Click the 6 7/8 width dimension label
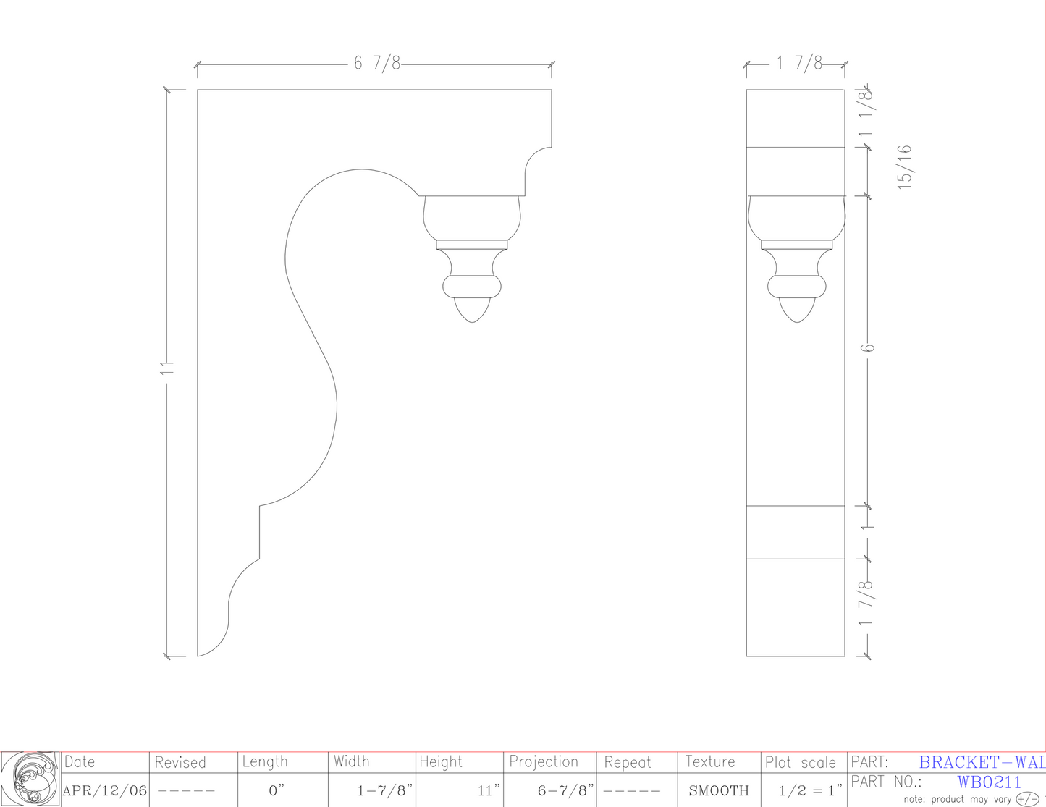click(x=376, y=64)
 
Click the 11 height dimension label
click(x=167, y=368)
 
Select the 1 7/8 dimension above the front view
click(x=799, y=64)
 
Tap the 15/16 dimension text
click(x=905, y=167)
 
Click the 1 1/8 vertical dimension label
click(x=866, y=114)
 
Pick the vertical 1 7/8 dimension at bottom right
click(x=866, y=603)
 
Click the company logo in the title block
click(x=30, y=779)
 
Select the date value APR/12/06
click(x=105, y=791)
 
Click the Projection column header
click(x=544, y=762)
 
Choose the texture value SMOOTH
click(x=719, y=791)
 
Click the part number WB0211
click(x=989, y=782)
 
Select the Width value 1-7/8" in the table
click(x=384, y=791)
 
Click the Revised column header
click(x=180, y=762)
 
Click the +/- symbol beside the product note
click(x=1027, y=799)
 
